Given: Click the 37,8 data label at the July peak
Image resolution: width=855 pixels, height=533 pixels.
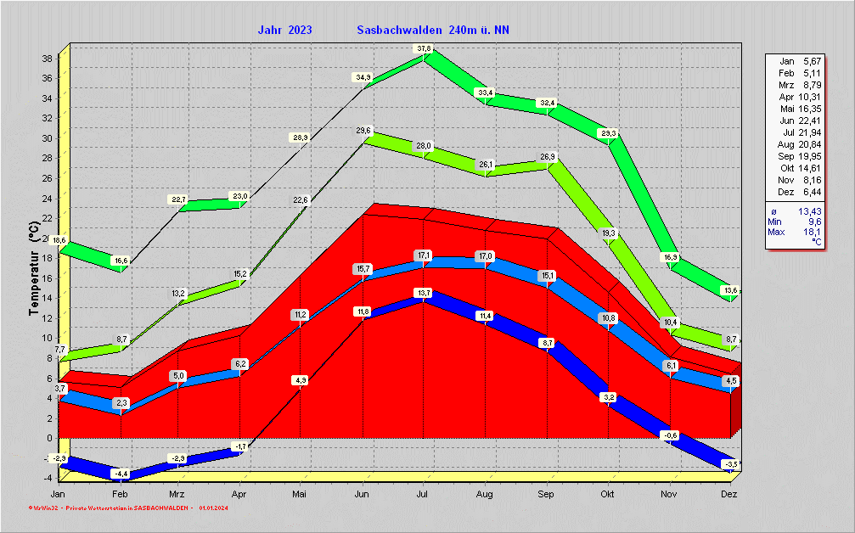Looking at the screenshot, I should pyautogui.click(x=423, y=48).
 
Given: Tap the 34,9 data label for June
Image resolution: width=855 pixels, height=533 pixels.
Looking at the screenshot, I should pyautogui.click(x=363, y=77).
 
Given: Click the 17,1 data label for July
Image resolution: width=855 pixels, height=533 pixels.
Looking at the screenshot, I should pyautogui.click(x=423, y=255).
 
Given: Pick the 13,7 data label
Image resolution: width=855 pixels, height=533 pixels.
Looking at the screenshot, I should pyautogui.click(x=423, y=293).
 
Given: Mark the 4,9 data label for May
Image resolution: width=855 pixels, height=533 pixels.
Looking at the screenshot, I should pyautogui.click(x=300, y=380).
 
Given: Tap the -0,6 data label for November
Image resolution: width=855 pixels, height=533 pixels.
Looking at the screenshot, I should pyautogui.click(x=670, y=435).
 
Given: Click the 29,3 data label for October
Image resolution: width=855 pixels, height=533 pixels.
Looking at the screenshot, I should pyautogui.click(x=608, y=134).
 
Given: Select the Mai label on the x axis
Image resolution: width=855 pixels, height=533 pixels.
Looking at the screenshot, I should pyautogui.click(x=300, y=494).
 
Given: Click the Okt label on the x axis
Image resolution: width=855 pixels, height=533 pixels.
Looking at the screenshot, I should pyautogui.click(x=608, y=494).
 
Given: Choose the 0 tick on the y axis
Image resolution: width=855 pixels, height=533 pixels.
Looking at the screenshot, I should pyautogui.click(x=51, y=439).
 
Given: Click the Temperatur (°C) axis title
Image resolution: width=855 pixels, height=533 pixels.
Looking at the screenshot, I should pyautogui.click(x=33, y=268).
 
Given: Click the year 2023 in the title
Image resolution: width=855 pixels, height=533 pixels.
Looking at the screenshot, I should pyautogui.click(x=300, y=31).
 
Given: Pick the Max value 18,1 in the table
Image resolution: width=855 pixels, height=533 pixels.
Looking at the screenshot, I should pyautogui.click(x=812, y=232).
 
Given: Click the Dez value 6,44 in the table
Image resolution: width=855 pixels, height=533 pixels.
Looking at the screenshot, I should pyautogui.click(x=810, y=193).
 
